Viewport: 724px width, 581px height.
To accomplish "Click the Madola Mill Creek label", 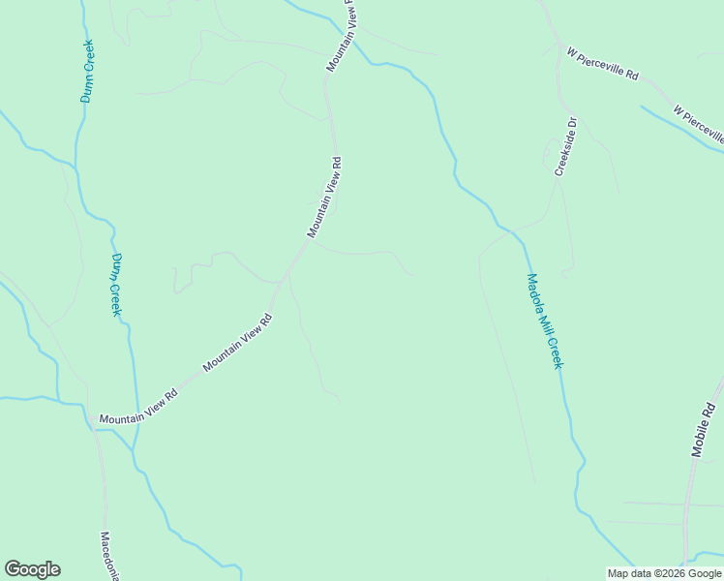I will (x=544, y=321).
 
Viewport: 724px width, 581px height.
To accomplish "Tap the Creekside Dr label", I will (x=565, y=146).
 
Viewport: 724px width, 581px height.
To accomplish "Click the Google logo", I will (x=32, y=569).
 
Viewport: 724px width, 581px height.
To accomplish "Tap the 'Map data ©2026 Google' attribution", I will (x=665, y=573).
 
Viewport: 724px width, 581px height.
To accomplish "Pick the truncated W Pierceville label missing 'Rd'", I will (x=699, y=124).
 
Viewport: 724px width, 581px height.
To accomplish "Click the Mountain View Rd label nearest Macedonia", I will (x=139, y=406).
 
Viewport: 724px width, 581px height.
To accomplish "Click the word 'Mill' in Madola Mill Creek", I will (x=546, y=324).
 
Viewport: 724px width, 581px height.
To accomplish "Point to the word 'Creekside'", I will (x=563, y=153).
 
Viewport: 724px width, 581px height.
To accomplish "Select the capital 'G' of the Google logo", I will (x=13, y=569).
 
